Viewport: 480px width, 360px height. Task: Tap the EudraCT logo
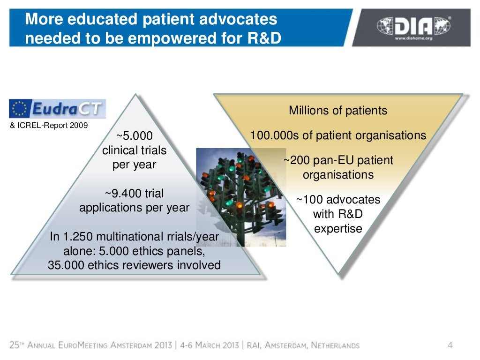click(x=57, y=108)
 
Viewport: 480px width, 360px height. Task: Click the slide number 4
click(x=450, y=346)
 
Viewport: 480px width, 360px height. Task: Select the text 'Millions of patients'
click(x=338, y=111)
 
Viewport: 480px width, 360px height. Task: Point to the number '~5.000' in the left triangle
click(x=134, y=136)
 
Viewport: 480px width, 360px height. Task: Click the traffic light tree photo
click(x=240, y=197)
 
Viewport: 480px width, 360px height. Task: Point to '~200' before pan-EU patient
click(x=296, y=161)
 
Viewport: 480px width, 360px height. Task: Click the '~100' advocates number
click(x=311, y=200)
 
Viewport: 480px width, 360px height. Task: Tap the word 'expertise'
click(x=338, y=229)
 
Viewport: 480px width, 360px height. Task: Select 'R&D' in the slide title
click(x=264, y=38)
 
